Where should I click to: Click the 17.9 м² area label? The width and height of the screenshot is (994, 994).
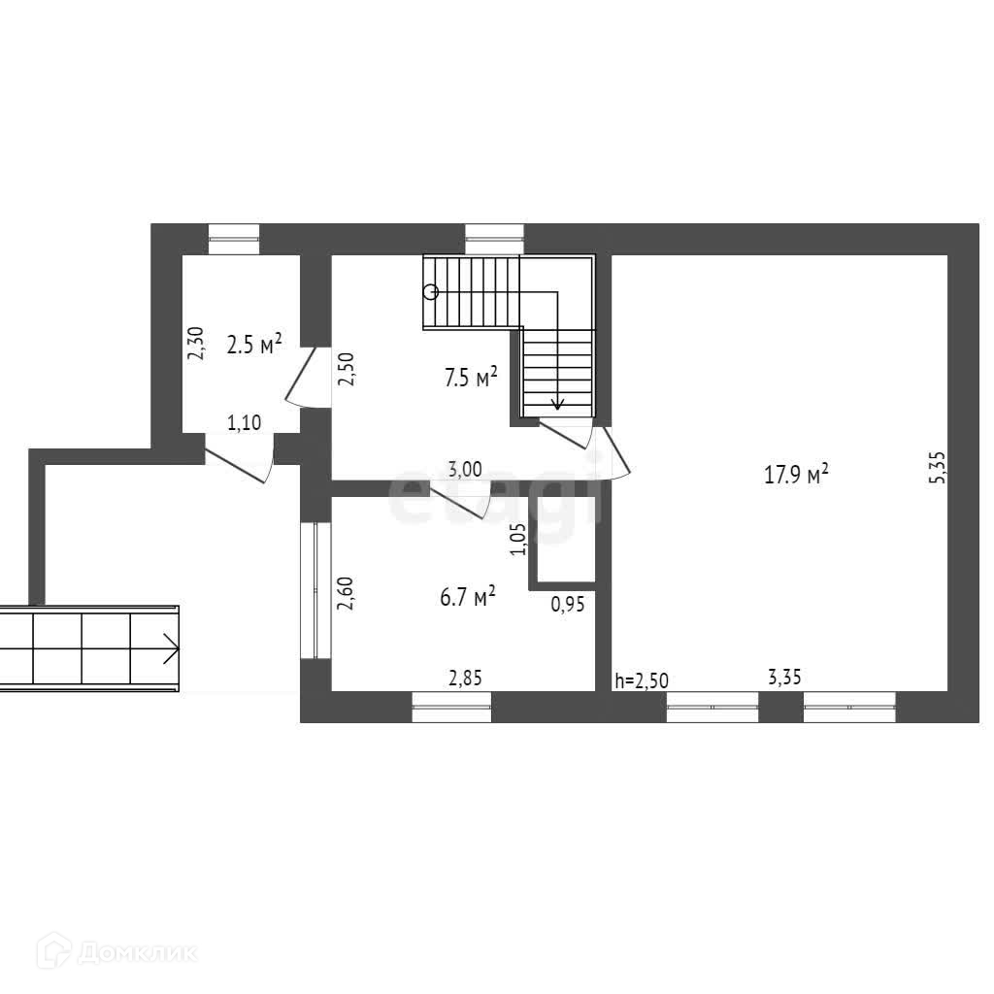coord(796,475)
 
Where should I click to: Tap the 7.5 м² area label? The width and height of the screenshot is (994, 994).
coord(471,378)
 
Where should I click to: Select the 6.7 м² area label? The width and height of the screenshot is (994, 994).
coord(468,596)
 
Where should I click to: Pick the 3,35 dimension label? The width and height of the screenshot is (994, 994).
coord(783,678)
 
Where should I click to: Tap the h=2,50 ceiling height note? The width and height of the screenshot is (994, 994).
coord(642,679)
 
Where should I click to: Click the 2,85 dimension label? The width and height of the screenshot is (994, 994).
coord(464,678)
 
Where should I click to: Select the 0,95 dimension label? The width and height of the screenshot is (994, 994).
coord(567,604)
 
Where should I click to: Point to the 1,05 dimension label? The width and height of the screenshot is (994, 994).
coord(517,540)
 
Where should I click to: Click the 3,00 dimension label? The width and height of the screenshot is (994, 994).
coord(465,468)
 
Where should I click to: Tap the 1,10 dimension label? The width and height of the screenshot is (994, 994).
coord(244,422)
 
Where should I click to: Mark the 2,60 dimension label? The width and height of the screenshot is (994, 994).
coord(345,593)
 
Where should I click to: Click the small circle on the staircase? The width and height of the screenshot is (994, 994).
coord(430,291)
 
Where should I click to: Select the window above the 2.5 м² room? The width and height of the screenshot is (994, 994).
coord(235,238)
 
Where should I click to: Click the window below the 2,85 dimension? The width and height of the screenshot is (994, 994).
coord(451,707)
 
